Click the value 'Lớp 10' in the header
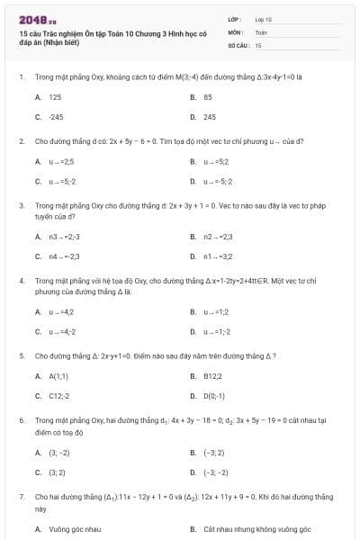click(x=263, y=19)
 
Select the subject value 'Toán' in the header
click(x=261, y=31)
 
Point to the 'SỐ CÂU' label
click(x=237, y=44)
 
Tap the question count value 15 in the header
click(x=258, y=44)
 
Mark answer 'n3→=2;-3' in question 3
click(x=64, y=237)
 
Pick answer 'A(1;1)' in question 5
click(x=58, y=376)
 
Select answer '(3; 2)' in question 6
click(x=57, y=472)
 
